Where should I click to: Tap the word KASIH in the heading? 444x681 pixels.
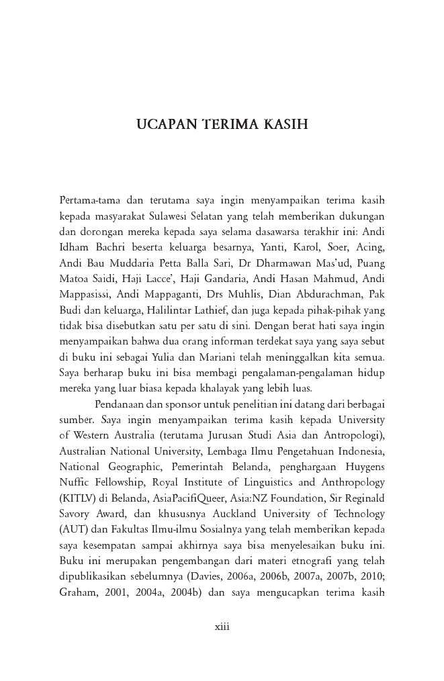tap(281, 125)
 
